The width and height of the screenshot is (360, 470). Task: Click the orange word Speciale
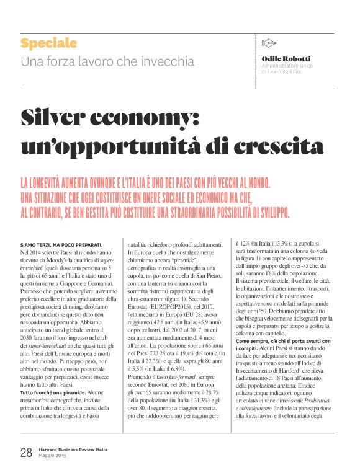[48, 43]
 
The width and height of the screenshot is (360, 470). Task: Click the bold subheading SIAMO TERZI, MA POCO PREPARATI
[61, 245]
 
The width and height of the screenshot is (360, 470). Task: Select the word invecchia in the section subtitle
[168, 62]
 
